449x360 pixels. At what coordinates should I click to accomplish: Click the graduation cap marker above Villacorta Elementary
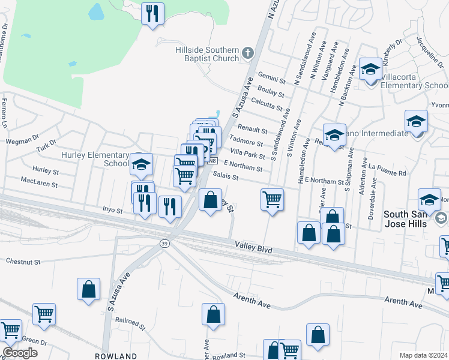point(370,70)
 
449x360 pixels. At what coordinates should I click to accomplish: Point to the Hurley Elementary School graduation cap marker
point(141,164)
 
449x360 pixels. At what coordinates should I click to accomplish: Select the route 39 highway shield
point(163,243)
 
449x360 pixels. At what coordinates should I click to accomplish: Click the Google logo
point(20,353)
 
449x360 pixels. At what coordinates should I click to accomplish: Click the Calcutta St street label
point(267,103)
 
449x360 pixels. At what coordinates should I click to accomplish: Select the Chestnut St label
point(23,262)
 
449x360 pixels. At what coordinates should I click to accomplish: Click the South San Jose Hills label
point(405,219)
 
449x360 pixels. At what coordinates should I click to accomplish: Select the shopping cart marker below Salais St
point(272,199)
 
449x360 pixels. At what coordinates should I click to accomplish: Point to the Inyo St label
point(112,211)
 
